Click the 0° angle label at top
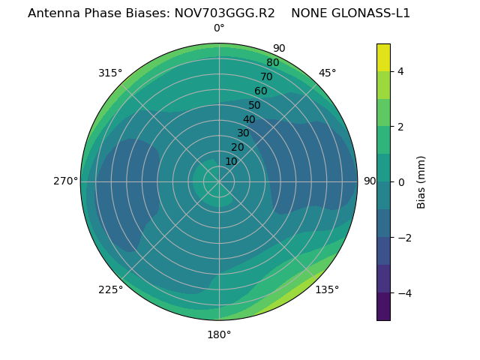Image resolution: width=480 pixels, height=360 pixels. click(x=219, y=28)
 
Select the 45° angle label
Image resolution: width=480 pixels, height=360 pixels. click(x=327, y=73)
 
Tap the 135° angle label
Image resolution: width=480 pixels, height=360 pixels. click(x=327, y=289)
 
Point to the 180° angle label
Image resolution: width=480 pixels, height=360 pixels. click(x=219, y=334)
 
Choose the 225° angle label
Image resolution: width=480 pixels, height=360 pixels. click(x=110, y=289)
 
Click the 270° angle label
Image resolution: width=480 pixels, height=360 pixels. click(x=65, y=181)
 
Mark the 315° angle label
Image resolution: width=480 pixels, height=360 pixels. click(x=110, y=73)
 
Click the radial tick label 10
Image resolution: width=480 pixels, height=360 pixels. click(x=231, y=161)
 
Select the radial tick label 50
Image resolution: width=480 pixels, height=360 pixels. click(x=254, y=106)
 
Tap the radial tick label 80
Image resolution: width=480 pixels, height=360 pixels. click(x=272, y=63)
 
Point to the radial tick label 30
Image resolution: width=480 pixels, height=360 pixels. click(x=243, y=133)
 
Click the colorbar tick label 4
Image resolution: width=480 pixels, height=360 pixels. click(x=400, y=71)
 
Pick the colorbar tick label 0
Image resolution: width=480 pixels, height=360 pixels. click(x=400, y=182)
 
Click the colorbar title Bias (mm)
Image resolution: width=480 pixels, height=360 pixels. click(x=421, y=182)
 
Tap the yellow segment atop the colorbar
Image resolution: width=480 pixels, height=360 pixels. click(x=383, y=58)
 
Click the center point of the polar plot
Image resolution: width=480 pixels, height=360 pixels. click(x=219, y=181)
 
